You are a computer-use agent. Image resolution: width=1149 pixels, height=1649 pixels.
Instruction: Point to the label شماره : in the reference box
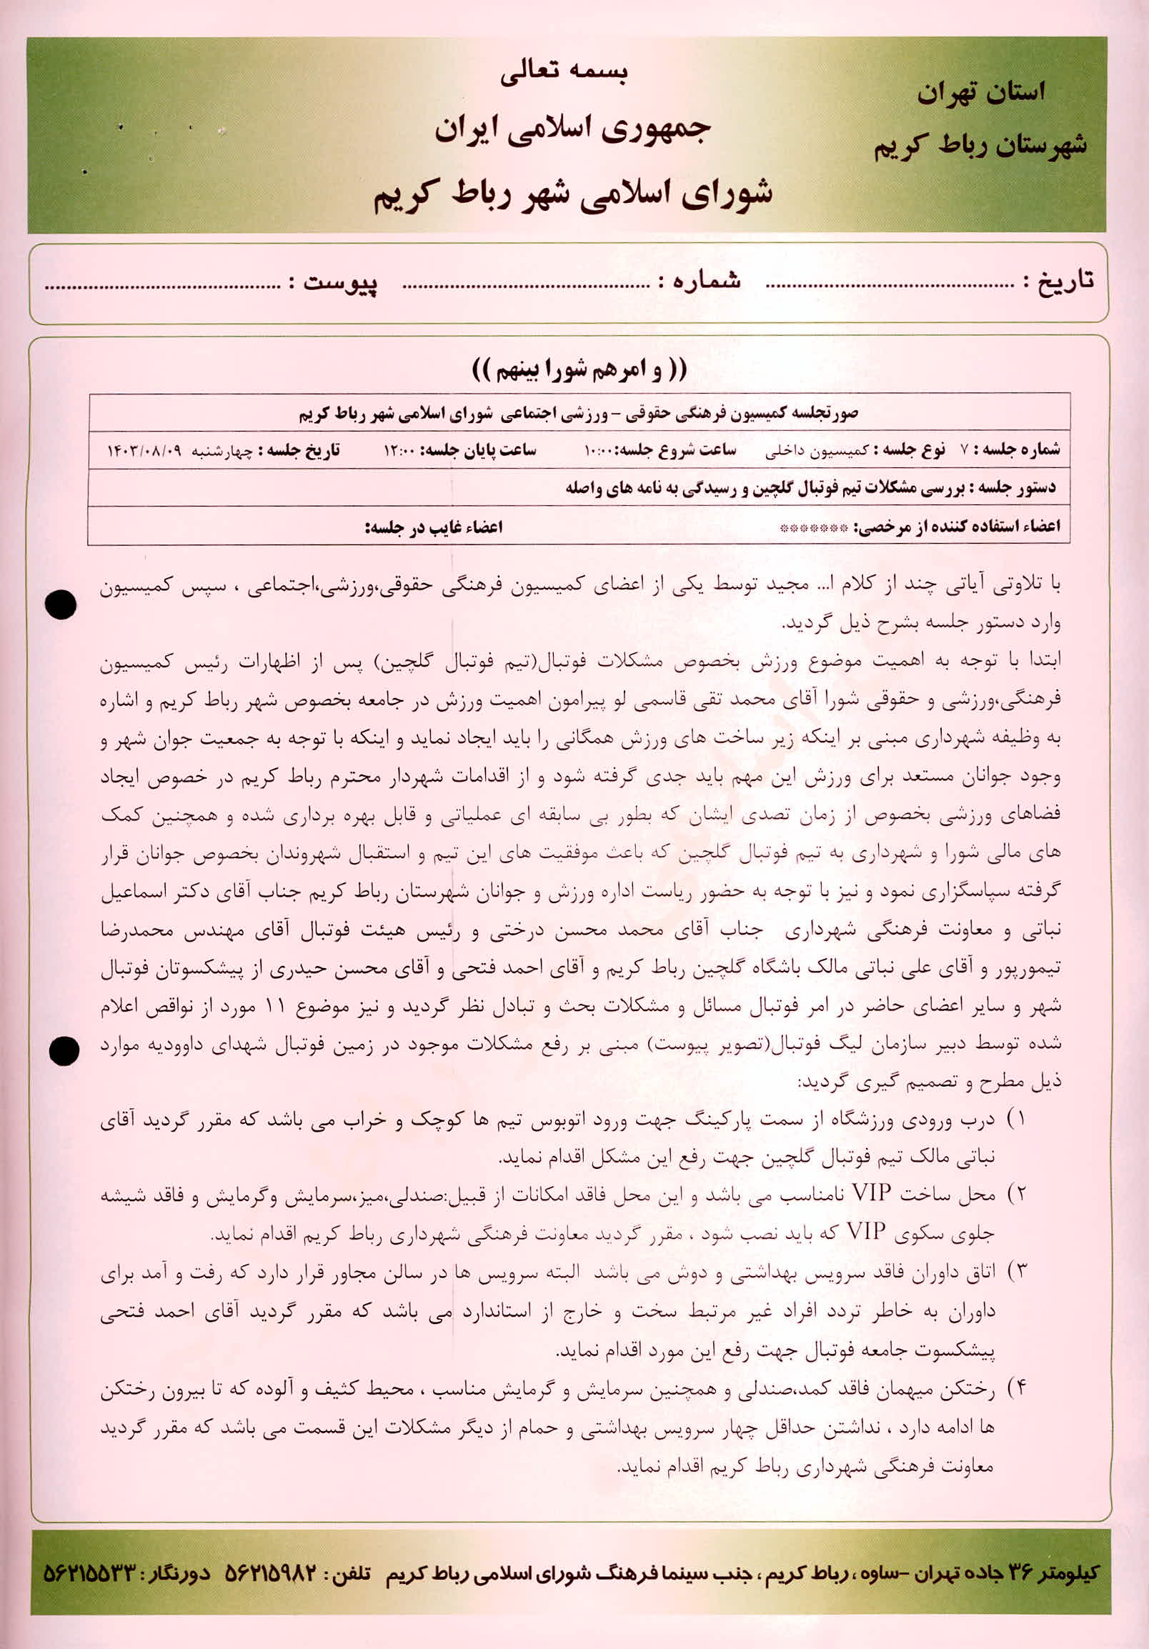click(x=700, y=281)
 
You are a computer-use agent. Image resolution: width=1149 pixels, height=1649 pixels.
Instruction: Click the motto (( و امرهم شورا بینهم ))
click(x=580, y=369)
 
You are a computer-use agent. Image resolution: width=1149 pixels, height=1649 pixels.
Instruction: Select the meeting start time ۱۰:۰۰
click(x=597, y=451)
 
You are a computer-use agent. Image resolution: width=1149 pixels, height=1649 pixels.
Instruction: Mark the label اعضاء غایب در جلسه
click(x=434, y=528)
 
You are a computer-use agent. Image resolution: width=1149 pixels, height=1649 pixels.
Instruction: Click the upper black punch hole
click(x=60, y=604)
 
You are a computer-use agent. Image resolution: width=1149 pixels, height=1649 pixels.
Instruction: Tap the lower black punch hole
click(x=63, y=1052)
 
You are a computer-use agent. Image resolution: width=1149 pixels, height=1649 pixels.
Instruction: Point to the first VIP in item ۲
click(x=871, y=1193)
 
